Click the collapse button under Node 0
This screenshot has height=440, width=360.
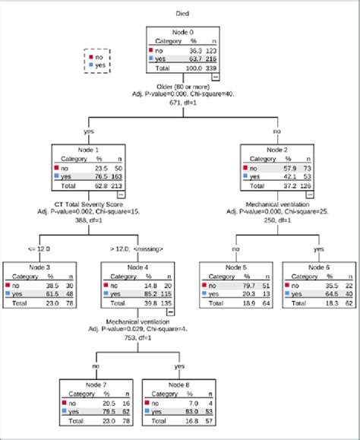point(216,77)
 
